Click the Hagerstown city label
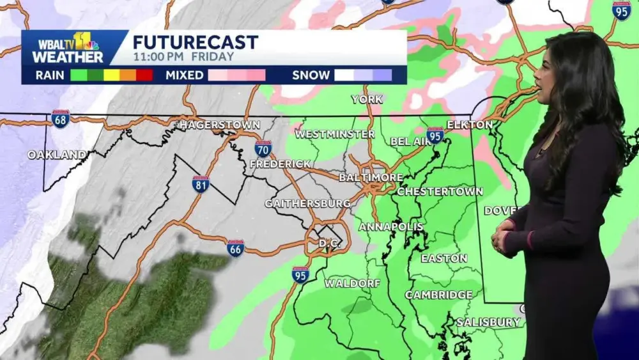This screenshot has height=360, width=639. (219, 125)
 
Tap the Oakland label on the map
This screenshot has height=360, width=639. (57, 155)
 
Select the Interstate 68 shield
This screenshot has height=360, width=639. (61, 119)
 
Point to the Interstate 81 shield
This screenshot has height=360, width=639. (201, 184)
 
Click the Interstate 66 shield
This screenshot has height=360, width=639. (235, 249)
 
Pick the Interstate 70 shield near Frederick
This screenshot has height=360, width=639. (263, 149)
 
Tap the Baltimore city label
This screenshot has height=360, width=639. (371, 177)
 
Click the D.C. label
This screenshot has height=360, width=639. (330, 244)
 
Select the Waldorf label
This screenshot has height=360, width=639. (352, 283)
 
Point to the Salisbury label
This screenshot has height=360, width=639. (488, 322)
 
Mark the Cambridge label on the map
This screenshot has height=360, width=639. (438, 295)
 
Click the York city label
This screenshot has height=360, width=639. (367, 99)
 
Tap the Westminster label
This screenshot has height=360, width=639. (335, 134)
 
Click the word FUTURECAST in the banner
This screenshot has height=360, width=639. (196, 42)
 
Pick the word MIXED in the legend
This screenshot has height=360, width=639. (184, 75)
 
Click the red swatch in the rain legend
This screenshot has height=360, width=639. (144, 75)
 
